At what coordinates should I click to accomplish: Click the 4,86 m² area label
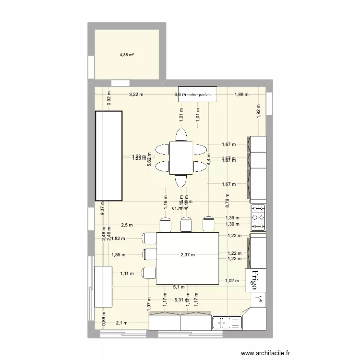(127, 55)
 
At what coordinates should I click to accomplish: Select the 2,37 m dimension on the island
(188, 255)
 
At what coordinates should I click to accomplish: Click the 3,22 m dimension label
(136, 95)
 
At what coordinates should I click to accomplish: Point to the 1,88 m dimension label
(241, 95)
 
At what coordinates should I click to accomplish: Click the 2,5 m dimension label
(127, 225)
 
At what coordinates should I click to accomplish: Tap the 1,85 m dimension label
(118, 255)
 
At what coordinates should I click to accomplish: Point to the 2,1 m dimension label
(122, 323)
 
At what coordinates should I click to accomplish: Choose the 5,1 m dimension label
(179, 288)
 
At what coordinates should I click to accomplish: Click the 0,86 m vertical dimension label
(104, 320)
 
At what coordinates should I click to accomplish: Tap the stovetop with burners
(258, 217)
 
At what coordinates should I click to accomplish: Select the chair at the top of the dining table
(181, 135)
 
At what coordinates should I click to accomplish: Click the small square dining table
(181, 157)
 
